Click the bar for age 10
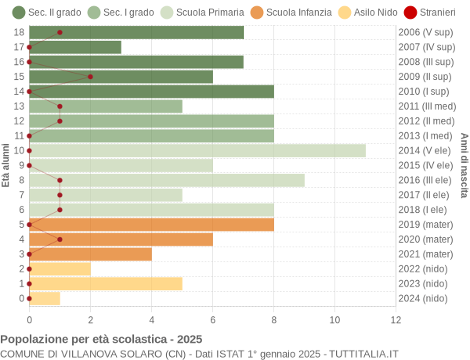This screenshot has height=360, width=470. (197, 150)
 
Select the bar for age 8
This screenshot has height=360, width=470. (167, 180)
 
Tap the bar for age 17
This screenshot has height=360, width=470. (75, 47)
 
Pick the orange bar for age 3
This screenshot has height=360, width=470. (90, 254)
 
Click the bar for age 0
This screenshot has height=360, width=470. (45, 298)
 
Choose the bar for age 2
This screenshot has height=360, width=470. (60, 269)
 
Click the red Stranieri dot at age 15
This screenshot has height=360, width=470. (90, 77)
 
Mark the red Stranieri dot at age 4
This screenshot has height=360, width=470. (60, 239)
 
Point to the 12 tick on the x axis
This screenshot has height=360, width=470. (396, 319)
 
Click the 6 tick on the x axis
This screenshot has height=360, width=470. (212, 319)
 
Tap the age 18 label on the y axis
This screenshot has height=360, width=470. (20, 32)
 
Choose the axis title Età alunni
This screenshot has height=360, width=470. (6, 165)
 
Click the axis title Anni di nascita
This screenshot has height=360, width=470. (464, 165)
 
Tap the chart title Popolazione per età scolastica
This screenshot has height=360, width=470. (101, 339)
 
